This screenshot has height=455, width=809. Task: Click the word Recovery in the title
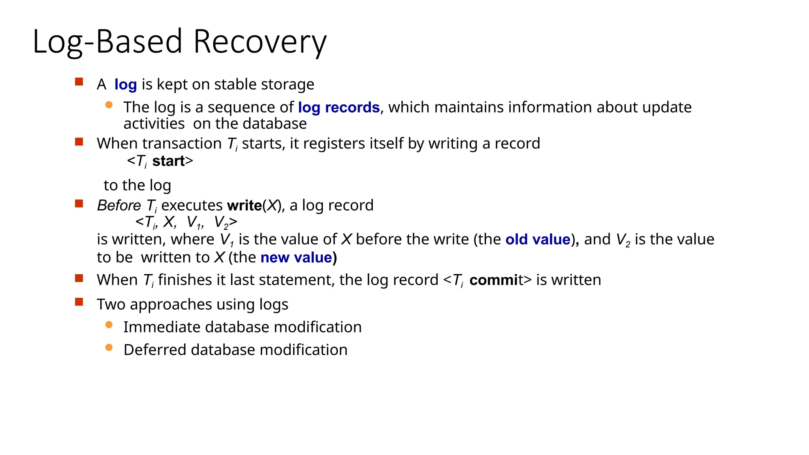[260, 42]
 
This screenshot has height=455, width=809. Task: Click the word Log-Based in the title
[107, 42]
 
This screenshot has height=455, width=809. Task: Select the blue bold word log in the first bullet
[126, 85]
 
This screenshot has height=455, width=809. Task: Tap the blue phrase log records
[339, 107]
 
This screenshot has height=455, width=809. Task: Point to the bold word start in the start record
[168, 161]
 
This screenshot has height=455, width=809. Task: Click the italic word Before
[119, 205]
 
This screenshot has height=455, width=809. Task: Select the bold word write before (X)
[244, 205]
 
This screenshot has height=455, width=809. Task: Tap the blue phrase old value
[538, 239]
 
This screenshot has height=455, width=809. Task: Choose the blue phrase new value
[296, 258]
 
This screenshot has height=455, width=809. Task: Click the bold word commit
[494, 280]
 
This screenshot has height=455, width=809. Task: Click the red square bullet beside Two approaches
[79, 302]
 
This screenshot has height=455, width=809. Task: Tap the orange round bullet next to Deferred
[109, 348]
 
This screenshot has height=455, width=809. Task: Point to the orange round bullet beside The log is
[109, 105]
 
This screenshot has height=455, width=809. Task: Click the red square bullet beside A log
[79, 82]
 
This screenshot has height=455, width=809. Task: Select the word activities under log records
[154, 124]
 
